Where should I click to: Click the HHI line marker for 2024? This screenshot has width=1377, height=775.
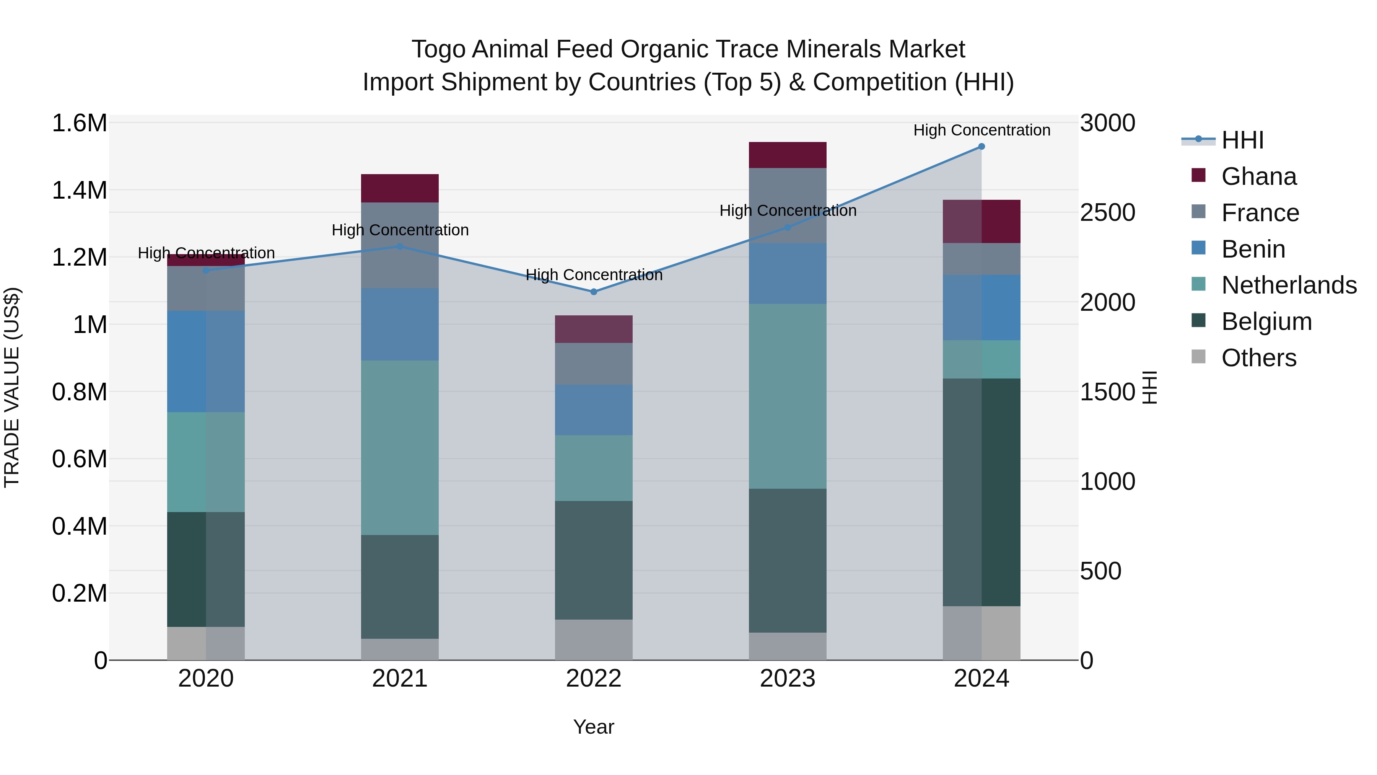981,147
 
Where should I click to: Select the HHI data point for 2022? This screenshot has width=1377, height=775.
593,292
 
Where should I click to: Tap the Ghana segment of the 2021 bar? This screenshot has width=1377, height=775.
400,188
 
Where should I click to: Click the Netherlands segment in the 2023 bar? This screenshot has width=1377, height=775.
788,396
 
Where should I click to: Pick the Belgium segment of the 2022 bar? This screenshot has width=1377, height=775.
593,560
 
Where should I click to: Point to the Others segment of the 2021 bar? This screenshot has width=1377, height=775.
400,649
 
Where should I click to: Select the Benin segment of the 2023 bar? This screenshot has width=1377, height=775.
788,273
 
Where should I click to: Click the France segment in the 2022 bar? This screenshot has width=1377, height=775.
593,364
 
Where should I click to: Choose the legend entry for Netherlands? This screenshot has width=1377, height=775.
1288,285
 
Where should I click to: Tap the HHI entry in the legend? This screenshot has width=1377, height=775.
1242,140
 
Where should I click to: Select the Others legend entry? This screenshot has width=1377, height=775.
1258,358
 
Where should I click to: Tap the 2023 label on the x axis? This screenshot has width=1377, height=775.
788,679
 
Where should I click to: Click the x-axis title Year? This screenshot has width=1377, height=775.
593,727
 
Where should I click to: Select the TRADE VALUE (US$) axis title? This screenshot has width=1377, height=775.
12,387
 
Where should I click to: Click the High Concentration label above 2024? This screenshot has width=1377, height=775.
981,130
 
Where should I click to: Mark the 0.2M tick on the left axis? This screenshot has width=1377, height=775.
79,593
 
